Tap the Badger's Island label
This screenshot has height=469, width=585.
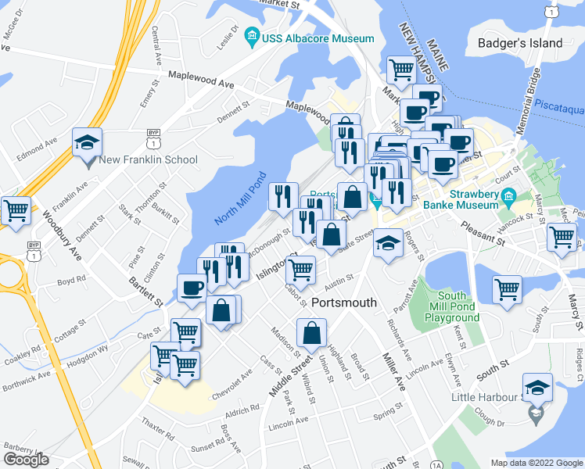coord(521,43)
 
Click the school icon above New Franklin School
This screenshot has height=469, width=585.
coord(87,141)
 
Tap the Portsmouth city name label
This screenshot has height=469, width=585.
coord(344,303)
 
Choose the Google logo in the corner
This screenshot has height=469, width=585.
coord(26,460)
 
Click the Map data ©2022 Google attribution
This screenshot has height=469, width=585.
coord(536,463)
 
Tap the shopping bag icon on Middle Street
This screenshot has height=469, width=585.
coord(311,332)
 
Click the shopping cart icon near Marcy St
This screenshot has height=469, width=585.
coord(562,237)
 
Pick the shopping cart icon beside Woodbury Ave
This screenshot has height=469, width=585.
coord(16,209)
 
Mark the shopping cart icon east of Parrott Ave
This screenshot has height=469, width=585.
coord(507,289)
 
